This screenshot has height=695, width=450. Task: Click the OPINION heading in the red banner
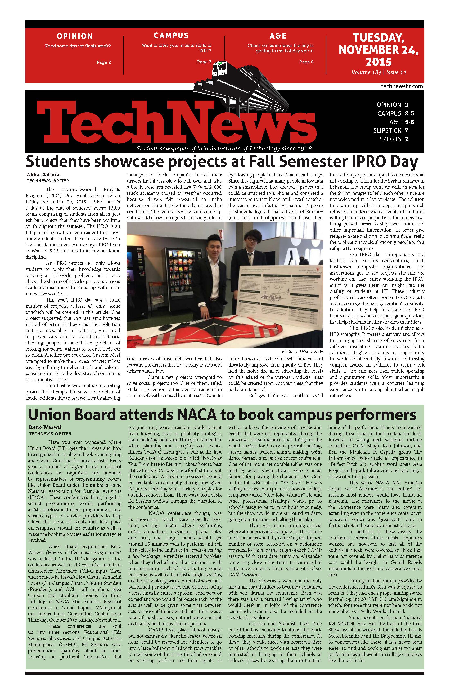(x=74, y=36)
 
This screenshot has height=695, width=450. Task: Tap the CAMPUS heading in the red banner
(x=171, y=36)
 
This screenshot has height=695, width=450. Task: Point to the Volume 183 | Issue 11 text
(x=379, y=72)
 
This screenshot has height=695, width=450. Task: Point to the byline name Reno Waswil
(x=45, y=427)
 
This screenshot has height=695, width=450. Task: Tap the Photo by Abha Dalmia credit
(x=302, y=352)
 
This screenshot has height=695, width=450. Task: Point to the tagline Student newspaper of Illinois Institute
(x=224, y=149)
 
